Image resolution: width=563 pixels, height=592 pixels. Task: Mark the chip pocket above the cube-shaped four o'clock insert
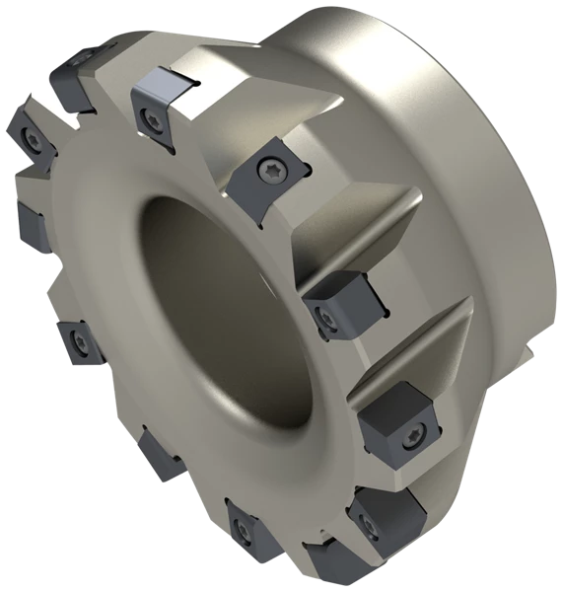(414, 345)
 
